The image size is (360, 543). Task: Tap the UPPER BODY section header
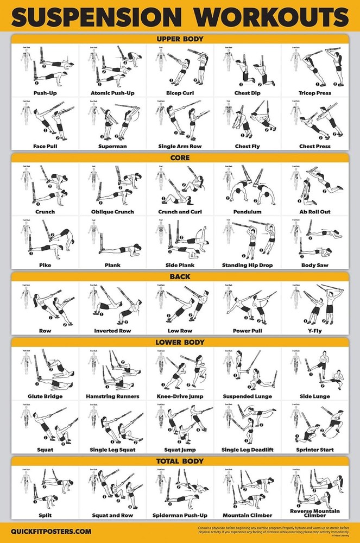[180, 39]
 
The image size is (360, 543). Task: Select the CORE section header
[180, 158]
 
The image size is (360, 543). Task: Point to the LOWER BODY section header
[180, 342]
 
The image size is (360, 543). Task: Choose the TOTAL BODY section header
[180, 461]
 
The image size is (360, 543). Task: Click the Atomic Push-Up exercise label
[112, 93]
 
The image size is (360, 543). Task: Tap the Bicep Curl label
[180, 93]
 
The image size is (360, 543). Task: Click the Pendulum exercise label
[248, 212]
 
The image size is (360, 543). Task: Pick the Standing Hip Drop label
[248, 265]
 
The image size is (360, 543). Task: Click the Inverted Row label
[112, 331]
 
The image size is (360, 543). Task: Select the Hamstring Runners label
[112, 396]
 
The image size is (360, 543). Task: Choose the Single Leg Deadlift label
[248, 450]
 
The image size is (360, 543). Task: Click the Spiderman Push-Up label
[180, 515]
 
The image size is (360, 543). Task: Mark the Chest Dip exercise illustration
[251, 68]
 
